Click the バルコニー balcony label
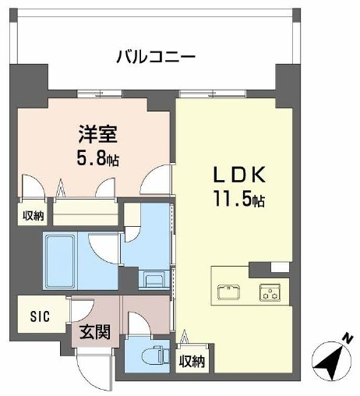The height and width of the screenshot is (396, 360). [155, 56]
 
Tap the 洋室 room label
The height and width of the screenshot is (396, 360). [98, 133]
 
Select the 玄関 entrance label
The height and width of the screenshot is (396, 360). [95, 331]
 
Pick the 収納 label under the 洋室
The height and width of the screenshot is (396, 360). [33, 215]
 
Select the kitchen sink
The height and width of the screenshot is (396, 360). [229, 292]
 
